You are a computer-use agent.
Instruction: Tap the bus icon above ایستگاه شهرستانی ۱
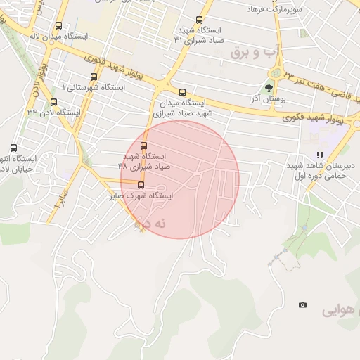point(94,77)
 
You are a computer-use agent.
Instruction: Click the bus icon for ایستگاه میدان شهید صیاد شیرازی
point(183,92)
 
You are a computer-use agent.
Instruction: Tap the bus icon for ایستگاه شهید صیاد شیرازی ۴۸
point(144,146)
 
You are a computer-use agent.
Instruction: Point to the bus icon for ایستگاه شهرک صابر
point(141,186)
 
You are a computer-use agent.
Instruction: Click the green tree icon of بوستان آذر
point(268,88)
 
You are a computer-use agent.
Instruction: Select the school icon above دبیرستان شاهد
point(321,154)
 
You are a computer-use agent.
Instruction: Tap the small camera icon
point(302,305)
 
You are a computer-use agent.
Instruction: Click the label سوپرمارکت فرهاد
point(274,9)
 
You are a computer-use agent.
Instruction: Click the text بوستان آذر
point(265,99)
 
